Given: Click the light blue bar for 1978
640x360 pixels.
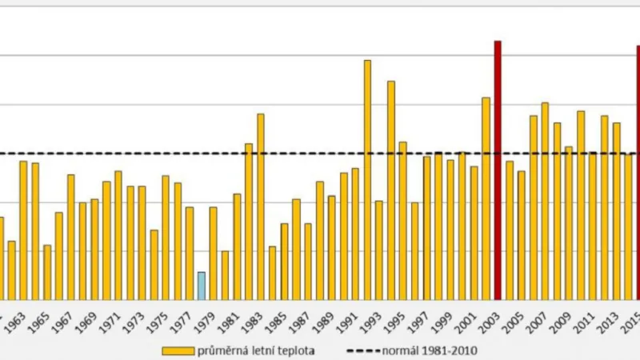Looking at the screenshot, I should coord(202,286).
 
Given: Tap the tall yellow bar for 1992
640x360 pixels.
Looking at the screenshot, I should coord(367,179).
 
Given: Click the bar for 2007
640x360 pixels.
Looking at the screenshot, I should coord(545,201).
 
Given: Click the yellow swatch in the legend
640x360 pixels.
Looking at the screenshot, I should coord(178,350).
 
